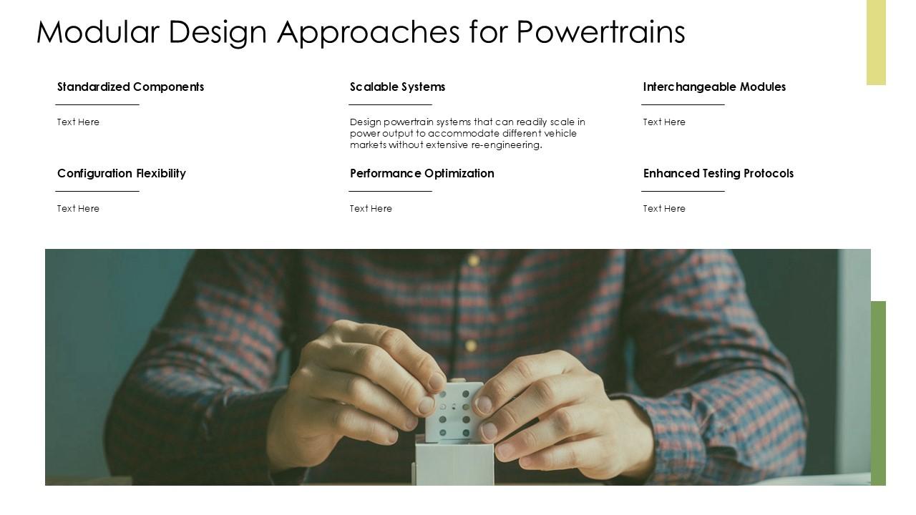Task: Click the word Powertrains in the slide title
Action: [600, 32]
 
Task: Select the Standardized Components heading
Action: [130, 87]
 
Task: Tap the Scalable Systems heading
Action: [397, 87]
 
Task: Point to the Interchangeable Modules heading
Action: [714, 87]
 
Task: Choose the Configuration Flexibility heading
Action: [122, 173]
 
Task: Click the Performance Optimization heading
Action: [422, 173]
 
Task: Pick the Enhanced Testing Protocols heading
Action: [718, 173]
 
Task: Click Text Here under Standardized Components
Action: [78, 122]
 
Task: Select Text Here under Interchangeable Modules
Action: [664, 122]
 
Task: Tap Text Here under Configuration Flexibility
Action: [78, 209]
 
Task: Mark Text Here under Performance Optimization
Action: [371, 209]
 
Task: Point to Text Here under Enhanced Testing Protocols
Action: [664, 209]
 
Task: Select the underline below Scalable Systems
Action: [390, 104]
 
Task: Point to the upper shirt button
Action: [473, 259]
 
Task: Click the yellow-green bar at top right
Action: [876, 42]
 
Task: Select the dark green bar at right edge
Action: [878, 393]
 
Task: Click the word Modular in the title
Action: [97, 32]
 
